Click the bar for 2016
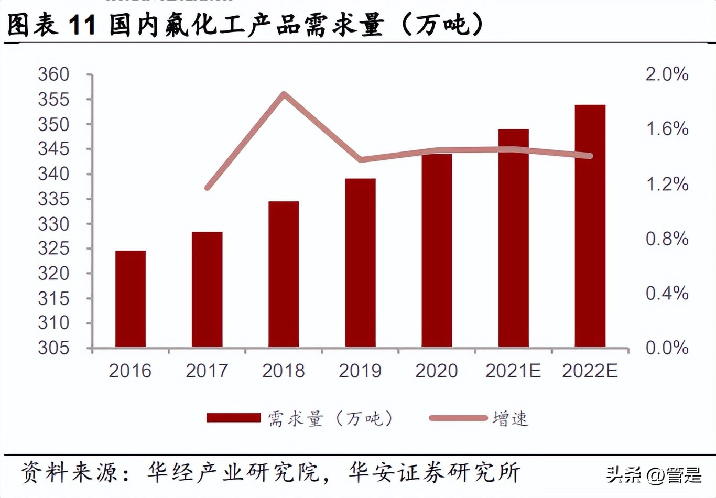tap(130, 299)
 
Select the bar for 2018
tap(284, 274)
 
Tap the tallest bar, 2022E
tap(590, 226)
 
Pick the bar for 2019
tap(360, 263)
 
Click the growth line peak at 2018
tap(284, 94)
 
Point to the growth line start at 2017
tap(208, 187)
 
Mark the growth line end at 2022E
tap(590, 156)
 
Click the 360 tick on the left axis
tap(53, 74)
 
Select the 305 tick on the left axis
tap(53, 348)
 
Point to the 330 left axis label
tap(53, 224)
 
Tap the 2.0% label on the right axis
tap(667, 74)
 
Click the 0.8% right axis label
tap(667, 239)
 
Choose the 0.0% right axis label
tap(667, 348)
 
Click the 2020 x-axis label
tap(436, 371)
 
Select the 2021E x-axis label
tap(513, 371)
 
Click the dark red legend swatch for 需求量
tap(233, 418)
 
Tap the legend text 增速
tap(510, 419)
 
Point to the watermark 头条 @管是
tap(653, 475)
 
